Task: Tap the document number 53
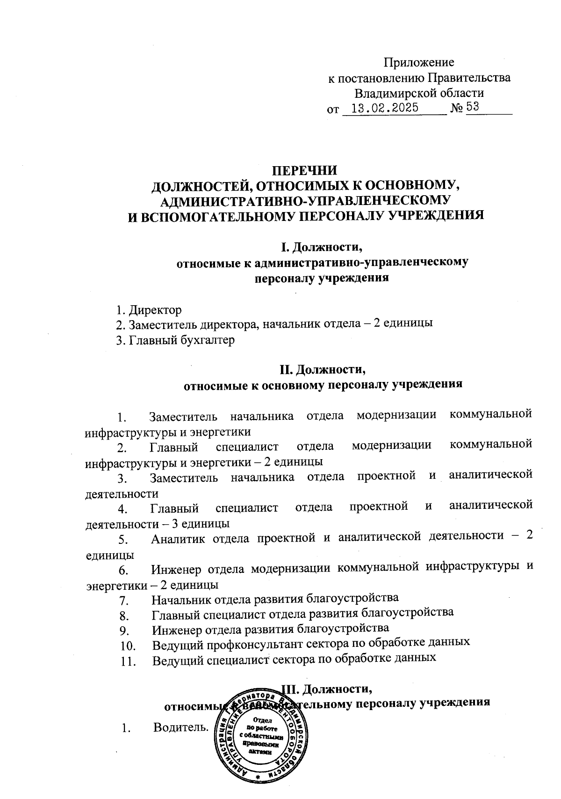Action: (473, 107)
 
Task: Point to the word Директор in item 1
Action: (155, 310)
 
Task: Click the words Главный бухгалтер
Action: (182, 340)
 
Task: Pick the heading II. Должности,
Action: (323, 370)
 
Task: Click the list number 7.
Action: (123, 600)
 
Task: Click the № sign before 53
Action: (457, 108)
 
